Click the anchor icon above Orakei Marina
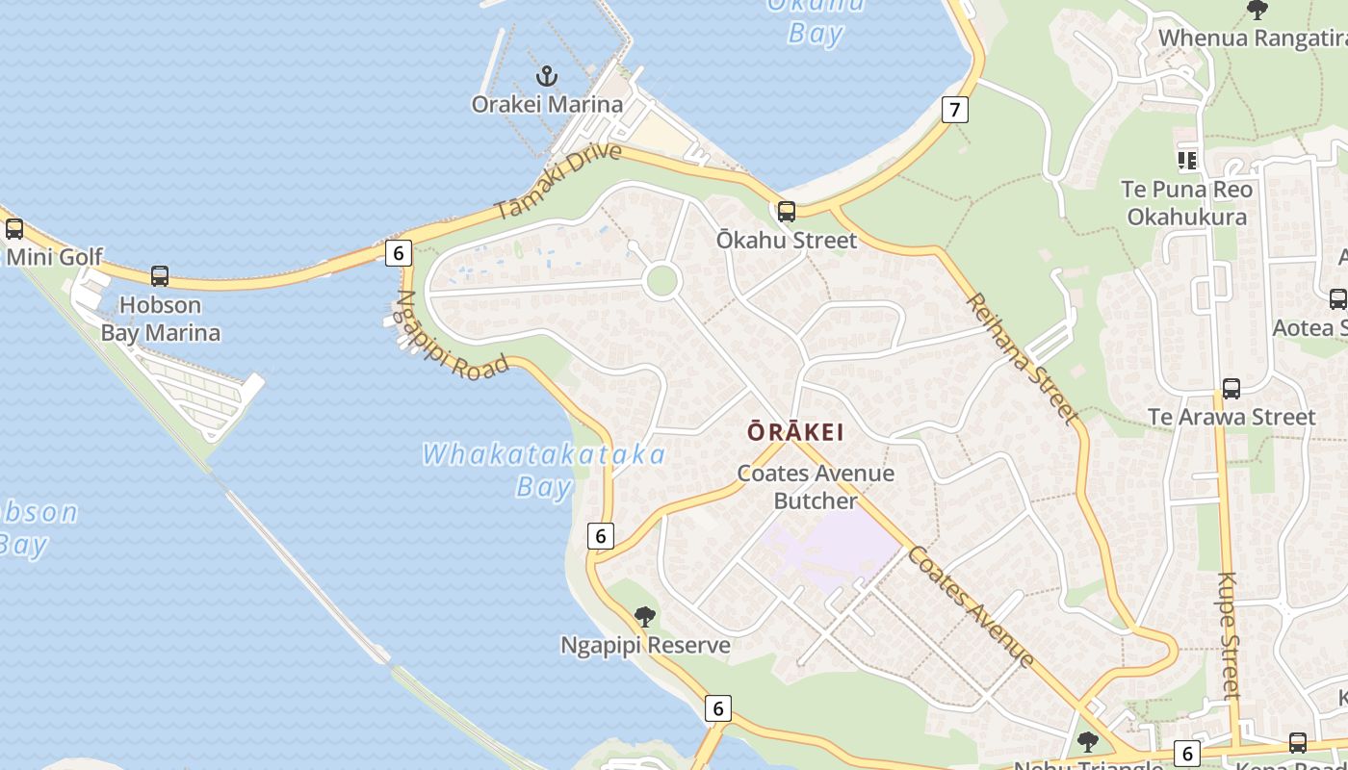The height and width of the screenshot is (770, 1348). coord(547,75)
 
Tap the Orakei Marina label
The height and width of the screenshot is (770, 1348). coord(547,104)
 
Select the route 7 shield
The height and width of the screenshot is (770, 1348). coord(954,110)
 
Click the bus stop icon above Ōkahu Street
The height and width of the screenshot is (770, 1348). coord(787,211)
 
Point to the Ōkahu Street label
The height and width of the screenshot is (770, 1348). coord(786,240)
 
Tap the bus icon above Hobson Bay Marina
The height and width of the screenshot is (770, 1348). coord(160,276)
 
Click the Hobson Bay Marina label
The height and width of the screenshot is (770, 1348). coord(161,320)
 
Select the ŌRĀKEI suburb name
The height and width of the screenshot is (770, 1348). coord(795,432)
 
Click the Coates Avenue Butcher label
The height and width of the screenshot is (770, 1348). coord(816,487)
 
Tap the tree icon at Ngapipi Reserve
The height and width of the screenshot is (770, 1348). coord(645,617)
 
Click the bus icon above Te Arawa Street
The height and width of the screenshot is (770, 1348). coord(1231,389)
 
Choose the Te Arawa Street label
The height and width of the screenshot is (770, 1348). coord(1231,417)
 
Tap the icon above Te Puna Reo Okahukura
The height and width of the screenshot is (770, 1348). coord(1187,161)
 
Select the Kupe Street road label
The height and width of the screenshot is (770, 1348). coord(1229,635)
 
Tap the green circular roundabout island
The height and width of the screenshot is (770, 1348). coord(662,282)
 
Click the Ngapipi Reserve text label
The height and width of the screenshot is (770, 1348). coord(645,645)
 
